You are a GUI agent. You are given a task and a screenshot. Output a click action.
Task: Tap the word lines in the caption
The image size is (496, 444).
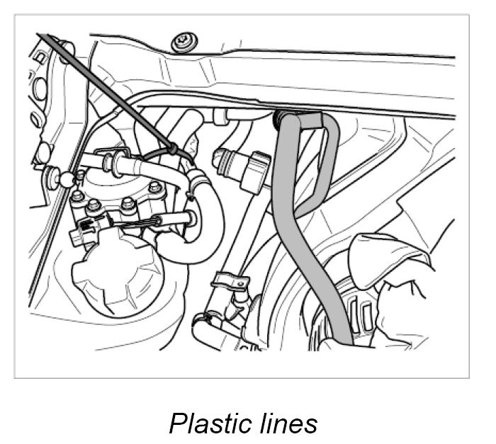pos(284,423)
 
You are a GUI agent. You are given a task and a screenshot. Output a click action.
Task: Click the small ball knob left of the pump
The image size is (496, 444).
pos(67,181)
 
